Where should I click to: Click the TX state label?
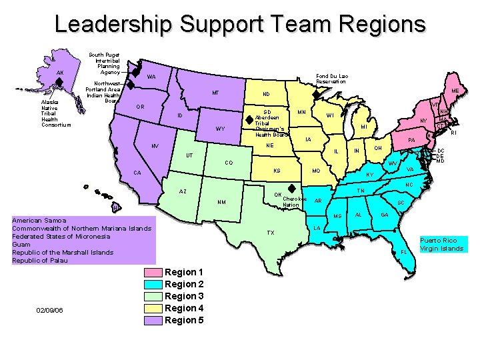[270, 233]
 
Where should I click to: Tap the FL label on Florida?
[403, 252]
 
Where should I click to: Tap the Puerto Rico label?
[438, 240]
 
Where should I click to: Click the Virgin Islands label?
[441, 249]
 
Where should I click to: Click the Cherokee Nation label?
[294, 202]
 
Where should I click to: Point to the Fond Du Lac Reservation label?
[332, 79]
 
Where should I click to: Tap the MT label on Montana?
[215, 93]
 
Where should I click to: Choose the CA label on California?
[137, 173]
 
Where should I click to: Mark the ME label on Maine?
[455, 91]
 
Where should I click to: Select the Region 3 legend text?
[184, 296]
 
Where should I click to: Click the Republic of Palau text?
[40, 261]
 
